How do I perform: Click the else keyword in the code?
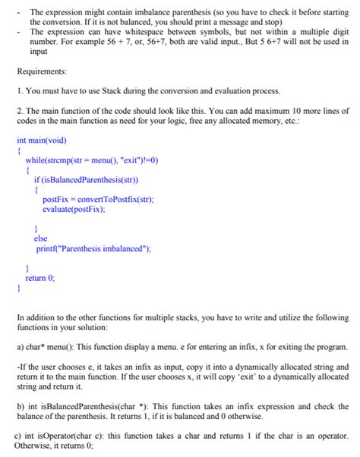(x=41, y=238)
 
